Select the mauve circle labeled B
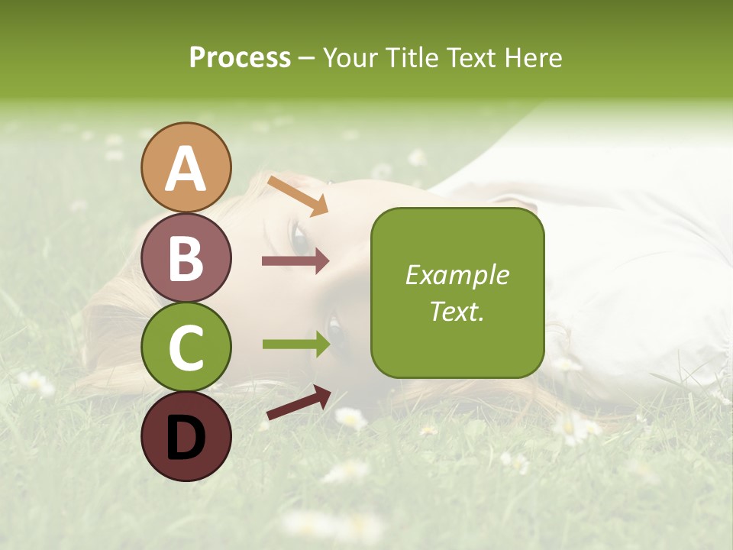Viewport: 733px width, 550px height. point(186,257)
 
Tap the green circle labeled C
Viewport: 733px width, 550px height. point(186,347)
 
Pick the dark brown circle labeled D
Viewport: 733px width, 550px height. point(186,436)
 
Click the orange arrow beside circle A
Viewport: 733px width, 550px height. point(299,196)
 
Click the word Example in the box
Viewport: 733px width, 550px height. point(457,275)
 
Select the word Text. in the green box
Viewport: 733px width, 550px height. point(457,312)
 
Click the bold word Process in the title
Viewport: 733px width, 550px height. point(240,57)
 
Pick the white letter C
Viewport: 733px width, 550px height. point(186,348)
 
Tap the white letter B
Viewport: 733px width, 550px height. point(186,259)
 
